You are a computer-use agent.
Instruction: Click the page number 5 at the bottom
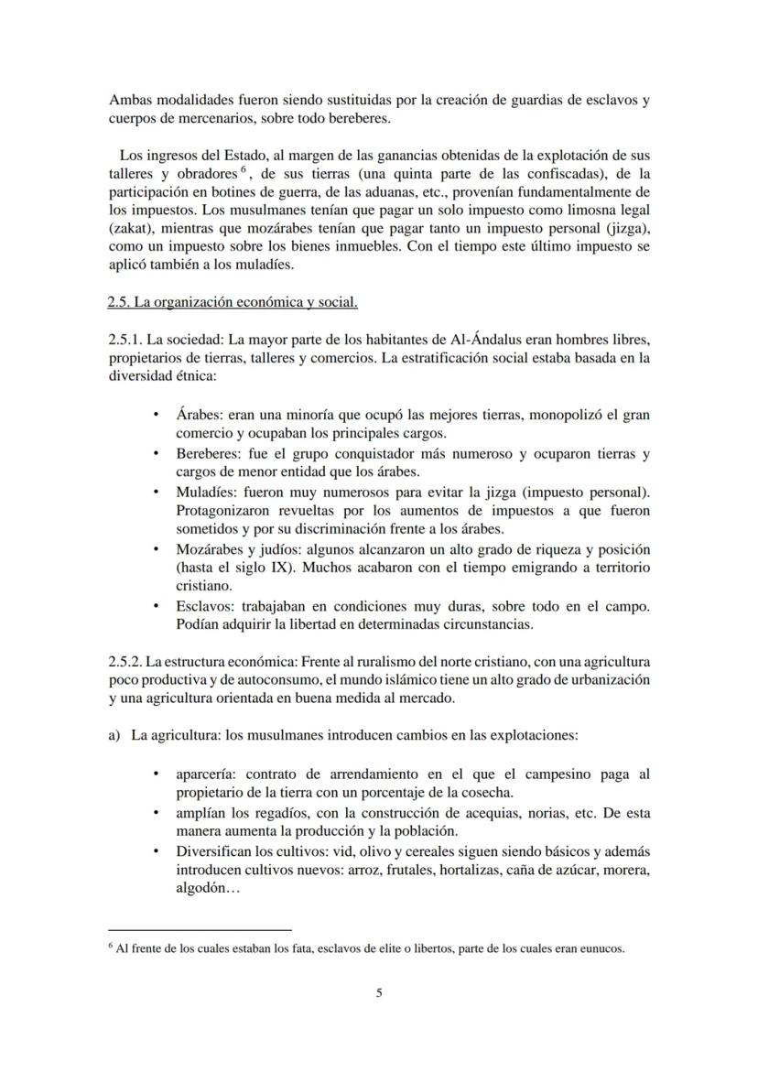click(x=379, y=992)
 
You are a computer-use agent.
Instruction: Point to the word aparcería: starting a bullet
click(x=208, y=774)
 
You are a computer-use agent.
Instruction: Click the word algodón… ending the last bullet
click(x=208, y=888)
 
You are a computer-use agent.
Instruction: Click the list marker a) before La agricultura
click(x=114, y=735)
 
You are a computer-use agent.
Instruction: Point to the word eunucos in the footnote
click(x=602, y=948)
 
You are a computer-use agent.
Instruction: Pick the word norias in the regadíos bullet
click(x=550, y=813)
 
